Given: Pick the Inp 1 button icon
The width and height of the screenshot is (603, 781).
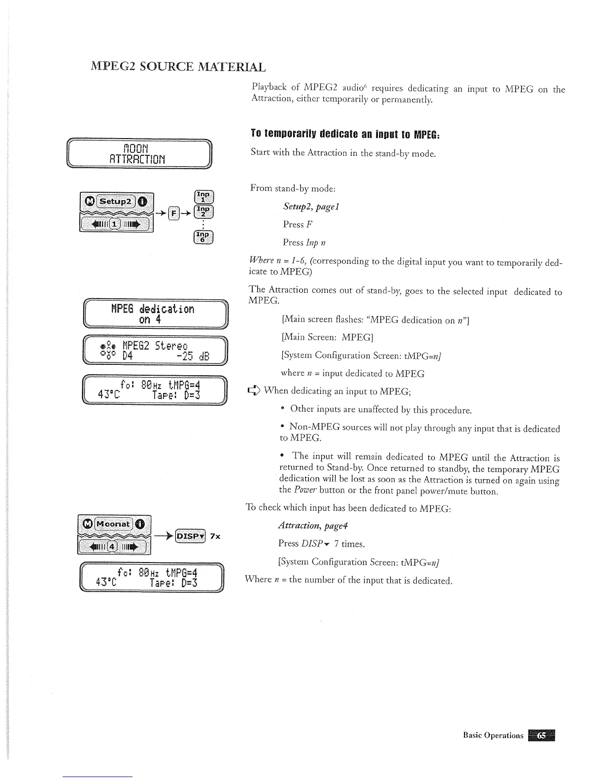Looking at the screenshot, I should point(203,197).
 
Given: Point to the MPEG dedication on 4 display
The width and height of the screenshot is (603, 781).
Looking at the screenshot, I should point(153,314).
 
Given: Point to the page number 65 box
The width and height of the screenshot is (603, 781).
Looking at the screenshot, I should point(541,735).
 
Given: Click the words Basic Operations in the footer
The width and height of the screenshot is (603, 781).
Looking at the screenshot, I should point(493,735).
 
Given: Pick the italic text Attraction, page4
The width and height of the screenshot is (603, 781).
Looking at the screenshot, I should point(313,526).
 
